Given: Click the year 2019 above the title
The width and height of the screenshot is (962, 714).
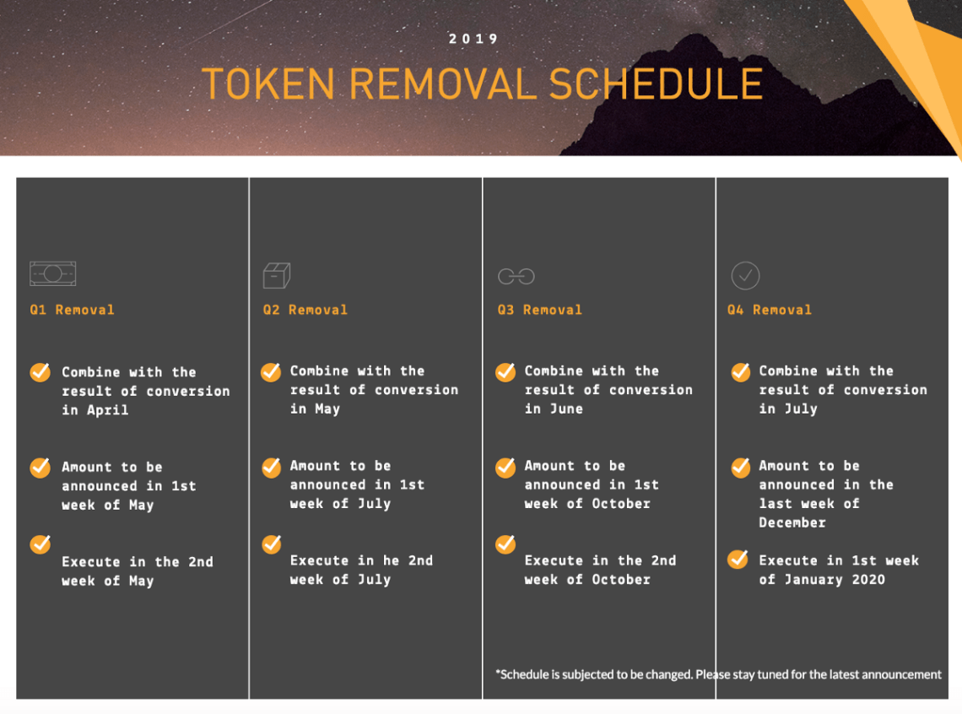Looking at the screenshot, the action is (473, 39).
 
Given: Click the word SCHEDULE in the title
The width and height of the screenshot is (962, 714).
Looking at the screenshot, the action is (656, 84).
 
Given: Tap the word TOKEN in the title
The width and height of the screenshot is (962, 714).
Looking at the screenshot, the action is (268, 84).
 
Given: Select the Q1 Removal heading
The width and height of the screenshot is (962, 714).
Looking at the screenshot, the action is (72, 310).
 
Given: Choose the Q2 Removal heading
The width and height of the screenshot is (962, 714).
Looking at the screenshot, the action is (305, 310).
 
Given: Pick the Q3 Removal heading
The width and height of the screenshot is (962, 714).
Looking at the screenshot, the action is (539, 310).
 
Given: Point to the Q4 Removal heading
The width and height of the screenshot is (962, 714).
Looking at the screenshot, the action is (770, 310).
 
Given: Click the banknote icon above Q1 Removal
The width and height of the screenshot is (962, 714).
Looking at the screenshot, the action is (53, 273).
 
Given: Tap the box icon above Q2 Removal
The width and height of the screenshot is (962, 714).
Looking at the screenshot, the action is (277, 275).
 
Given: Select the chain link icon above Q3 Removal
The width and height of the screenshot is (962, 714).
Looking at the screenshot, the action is (516, 277).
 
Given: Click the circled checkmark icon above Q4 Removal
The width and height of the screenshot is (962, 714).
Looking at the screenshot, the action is (745, 276).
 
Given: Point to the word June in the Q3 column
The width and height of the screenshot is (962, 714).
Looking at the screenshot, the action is (566, 408).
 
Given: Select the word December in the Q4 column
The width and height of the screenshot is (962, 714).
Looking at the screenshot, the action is (792, 522).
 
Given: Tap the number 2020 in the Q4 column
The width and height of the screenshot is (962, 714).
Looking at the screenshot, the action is (868, 579).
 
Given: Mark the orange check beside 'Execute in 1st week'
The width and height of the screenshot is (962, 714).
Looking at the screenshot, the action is (738, 560).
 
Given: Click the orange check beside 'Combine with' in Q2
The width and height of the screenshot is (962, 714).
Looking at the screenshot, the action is (271, 371).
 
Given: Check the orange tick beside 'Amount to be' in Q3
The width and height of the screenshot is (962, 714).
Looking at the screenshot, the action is (505, 468).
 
